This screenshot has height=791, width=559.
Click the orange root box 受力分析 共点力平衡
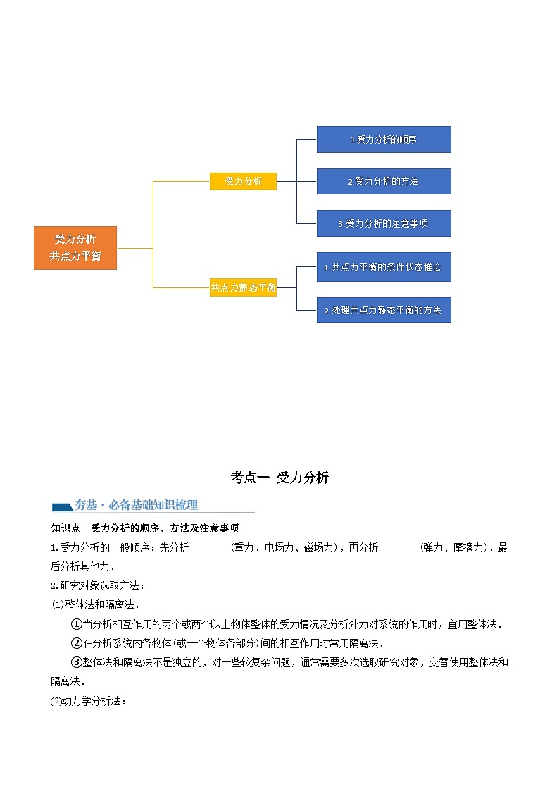point(75,247)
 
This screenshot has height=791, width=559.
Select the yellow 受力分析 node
point(243,181)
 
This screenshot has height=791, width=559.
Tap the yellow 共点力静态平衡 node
point(243,287)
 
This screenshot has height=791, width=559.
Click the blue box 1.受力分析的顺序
point(383,139)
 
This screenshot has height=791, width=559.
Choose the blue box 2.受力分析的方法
point(383,181)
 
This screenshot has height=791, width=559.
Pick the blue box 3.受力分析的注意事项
point(383,223)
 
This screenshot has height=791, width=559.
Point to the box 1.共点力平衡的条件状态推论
point(383,267)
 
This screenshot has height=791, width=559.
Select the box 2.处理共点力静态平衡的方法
point(383,309)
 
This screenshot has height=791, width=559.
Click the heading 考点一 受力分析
point(279,478)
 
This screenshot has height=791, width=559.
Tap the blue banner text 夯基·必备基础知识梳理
point(137,504)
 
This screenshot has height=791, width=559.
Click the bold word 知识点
point(65,528)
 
